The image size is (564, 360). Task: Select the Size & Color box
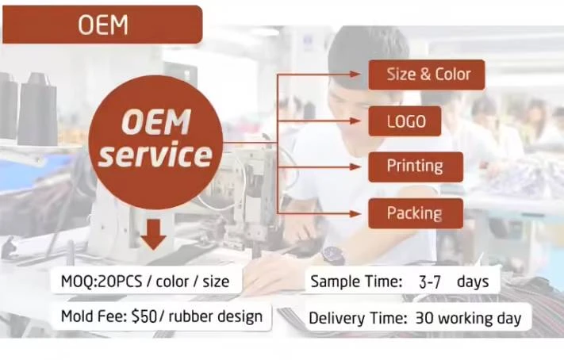(x=427, y=75)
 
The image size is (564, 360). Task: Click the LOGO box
(x=405, y=121)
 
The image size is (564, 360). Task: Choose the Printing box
(x=414, y=167)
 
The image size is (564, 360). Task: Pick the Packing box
(x=414, y=213)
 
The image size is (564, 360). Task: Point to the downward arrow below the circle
(x=153, y=235)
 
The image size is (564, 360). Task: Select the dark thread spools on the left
(x=27, y=107)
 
